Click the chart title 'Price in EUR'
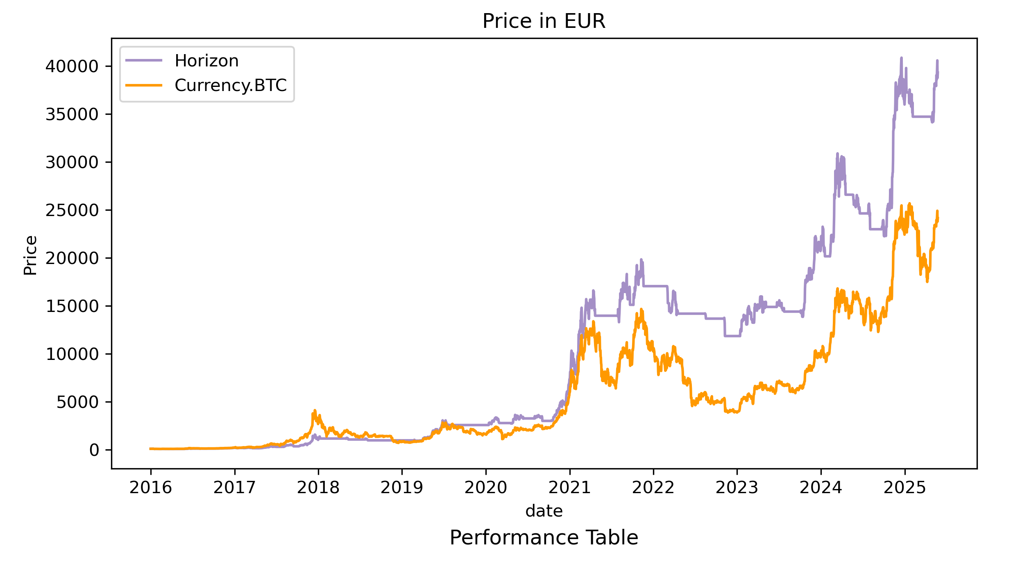(544, 21)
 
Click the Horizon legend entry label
(206, 61)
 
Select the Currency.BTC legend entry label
(231, 85)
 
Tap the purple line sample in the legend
(144, 61)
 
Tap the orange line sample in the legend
(144, 85)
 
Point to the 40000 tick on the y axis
(72, 66)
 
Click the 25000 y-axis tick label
(72, 210)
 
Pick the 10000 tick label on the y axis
(72, 354)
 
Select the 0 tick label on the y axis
(94, 450)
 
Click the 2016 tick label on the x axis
(151, 488)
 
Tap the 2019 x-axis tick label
(402, 488)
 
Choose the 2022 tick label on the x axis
(653, 488)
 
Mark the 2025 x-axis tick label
(904, 488)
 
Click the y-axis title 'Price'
(30, 255)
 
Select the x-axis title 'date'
(544, 511)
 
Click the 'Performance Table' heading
(544, 537)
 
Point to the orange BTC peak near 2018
(315, 410)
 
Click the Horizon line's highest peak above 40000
(901, 58)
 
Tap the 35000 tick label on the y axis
(72, 114)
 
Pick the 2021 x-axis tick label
(569, 488)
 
